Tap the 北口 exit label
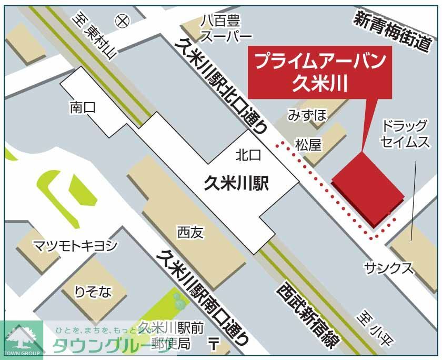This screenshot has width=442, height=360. pos(248,154)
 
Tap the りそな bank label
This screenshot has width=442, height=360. pos(93,293)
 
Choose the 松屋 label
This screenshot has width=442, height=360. pos(308,145)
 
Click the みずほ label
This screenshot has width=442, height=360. pos(307,115)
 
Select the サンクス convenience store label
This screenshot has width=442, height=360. pos(389,267)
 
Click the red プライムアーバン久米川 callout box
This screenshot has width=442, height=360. pos(320,74)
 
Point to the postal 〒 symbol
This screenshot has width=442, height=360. pos(213,345)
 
